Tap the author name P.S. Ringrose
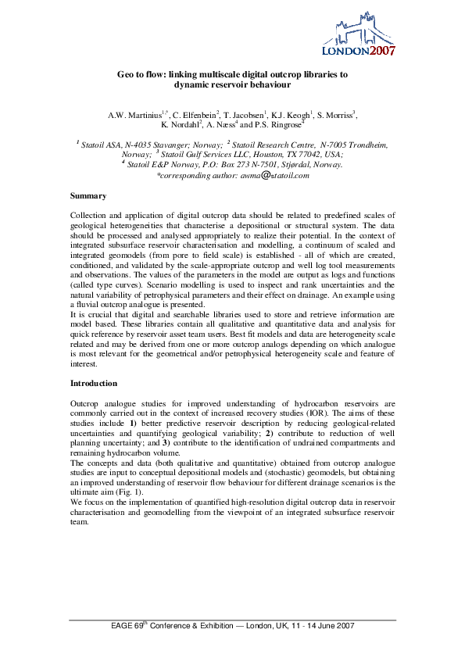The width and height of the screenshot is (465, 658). (279, 124)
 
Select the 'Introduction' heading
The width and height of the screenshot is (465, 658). (95, 384)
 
